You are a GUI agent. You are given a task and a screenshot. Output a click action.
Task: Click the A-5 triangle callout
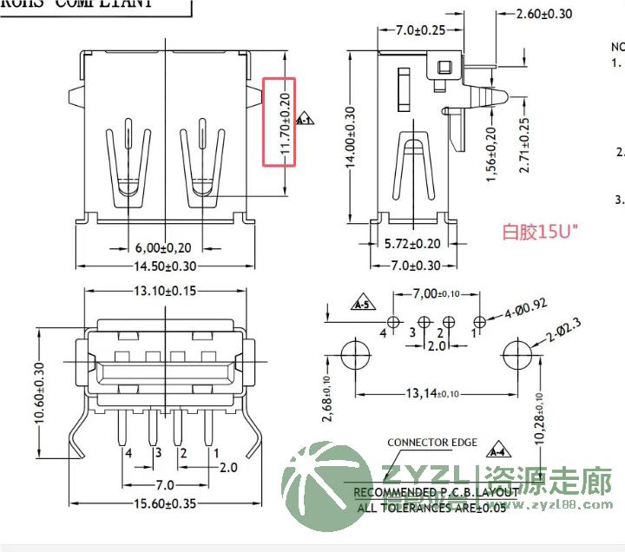361,305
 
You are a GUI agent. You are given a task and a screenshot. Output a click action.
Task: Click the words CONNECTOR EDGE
431,443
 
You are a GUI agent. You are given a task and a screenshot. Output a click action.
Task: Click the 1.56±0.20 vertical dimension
491,154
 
